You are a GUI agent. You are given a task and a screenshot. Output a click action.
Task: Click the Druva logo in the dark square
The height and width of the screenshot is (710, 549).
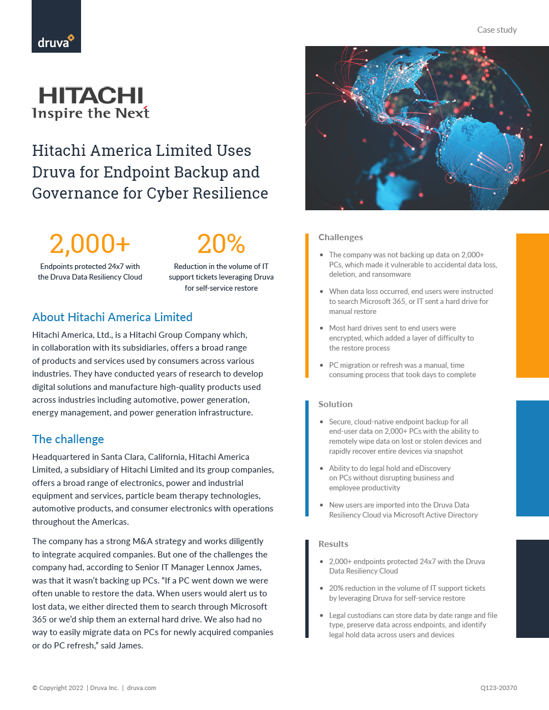point(56,42)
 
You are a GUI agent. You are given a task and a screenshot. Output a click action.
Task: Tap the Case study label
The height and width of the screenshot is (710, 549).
point(497,30)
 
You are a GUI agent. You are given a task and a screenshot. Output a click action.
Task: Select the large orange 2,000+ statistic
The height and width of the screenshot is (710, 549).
point(90,244)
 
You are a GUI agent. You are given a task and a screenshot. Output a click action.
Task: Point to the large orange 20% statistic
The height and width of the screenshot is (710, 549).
point(221,244)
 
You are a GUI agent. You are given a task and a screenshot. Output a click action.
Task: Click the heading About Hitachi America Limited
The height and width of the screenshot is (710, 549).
point(112,317)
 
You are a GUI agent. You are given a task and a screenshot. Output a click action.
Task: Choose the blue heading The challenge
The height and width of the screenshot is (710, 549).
point(68,439)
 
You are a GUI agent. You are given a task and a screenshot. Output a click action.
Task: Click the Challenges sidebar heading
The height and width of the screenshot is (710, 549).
point(340,237)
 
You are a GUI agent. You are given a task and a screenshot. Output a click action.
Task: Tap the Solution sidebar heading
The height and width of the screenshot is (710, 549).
point(335,404)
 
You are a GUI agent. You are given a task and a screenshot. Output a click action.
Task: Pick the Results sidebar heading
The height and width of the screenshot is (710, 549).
point(333,544)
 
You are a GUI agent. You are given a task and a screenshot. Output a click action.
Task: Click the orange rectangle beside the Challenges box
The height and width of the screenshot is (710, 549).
point(532,306)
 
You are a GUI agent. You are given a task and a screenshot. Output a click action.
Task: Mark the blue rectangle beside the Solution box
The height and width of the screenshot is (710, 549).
point(532,458)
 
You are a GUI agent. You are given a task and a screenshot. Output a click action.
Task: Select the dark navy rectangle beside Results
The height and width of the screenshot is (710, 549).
point(532,589)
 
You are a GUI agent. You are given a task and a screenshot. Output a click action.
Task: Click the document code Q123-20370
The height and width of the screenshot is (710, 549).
point(498,688)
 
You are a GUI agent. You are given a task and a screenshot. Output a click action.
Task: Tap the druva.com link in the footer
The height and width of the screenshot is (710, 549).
point(142,688)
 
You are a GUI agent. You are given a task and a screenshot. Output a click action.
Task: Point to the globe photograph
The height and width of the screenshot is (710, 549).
point(427,128)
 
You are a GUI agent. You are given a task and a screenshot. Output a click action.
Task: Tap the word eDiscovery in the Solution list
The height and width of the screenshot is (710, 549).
point(432,469)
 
